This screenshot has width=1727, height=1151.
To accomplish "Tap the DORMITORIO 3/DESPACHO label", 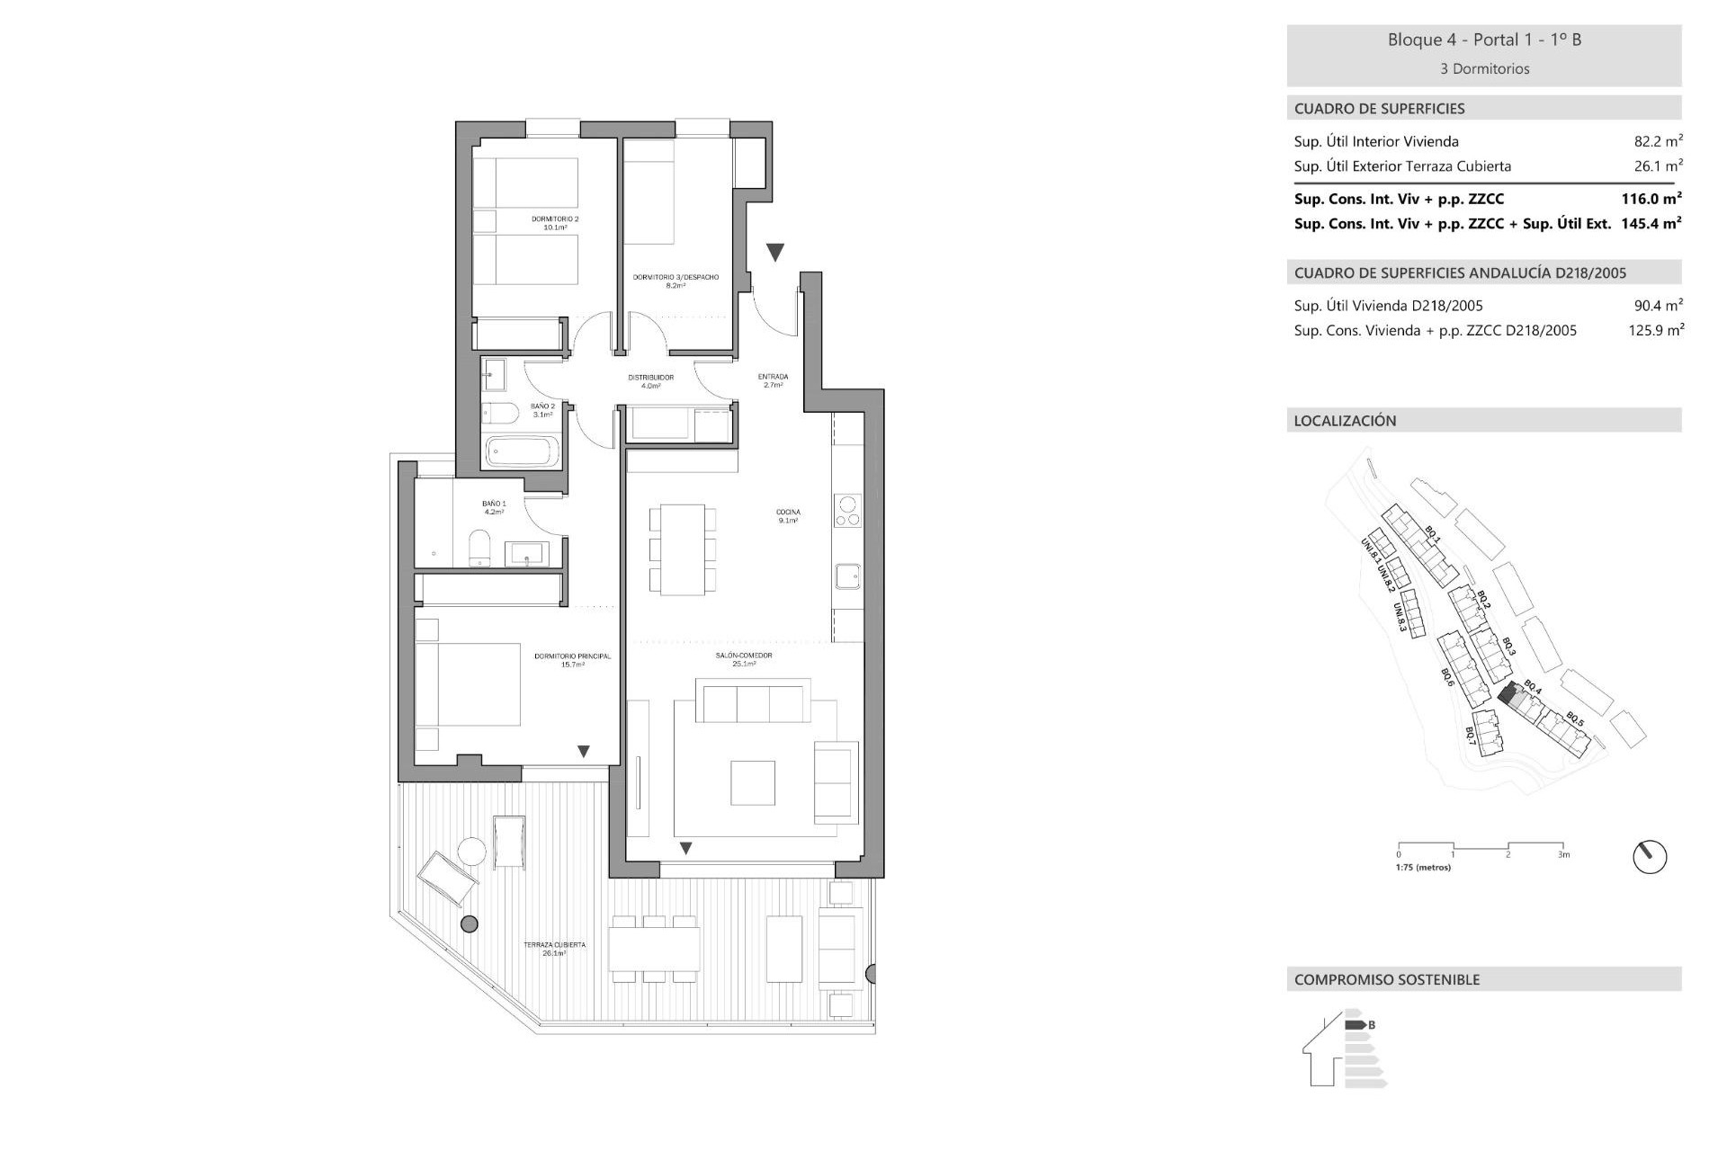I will [675, 281].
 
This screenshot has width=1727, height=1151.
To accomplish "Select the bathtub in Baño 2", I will [522, 451].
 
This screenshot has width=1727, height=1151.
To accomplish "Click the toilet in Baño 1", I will [479, 548].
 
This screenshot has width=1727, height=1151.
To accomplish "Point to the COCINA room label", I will [788, 515].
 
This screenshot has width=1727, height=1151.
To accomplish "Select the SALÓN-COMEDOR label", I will [744, 659].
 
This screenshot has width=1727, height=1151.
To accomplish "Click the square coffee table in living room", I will [753, 782].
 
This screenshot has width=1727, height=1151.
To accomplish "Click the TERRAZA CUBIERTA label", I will [554, 948].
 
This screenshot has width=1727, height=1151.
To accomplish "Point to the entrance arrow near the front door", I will [775, 252].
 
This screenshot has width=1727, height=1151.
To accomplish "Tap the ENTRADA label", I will [774, 379].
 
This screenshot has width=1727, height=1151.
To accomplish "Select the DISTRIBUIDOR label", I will [650, 380].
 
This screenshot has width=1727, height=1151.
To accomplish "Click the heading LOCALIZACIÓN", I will [1345, 421].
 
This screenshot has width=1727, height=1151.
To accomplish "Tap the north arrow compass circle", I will [1650, 857].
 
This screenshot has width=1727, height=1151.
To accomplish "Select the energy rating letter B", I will [1372, 1024].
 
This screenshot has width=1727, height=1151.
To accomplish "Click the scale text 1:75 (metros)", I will [1423, 868].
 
